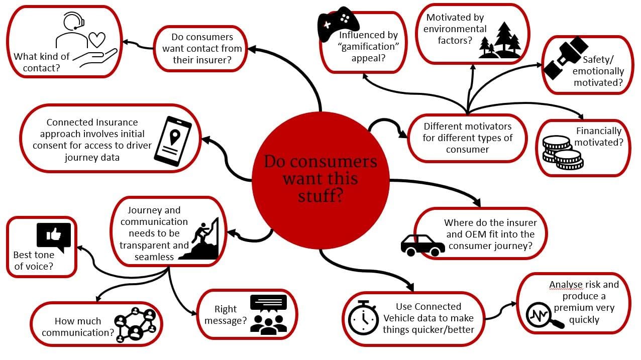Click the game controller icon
tap(338, 24)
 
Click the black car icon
tap(422, 245)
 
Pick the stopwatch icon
tap(363, 317)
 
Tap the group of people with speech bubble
tap(268, 314)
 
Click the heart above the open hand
tap(96, 40)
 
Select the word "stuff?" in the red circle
tap(320, 195)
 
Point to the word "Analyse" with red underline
tap(566, 285)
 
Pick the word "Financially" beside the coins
tap(598, 131)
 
